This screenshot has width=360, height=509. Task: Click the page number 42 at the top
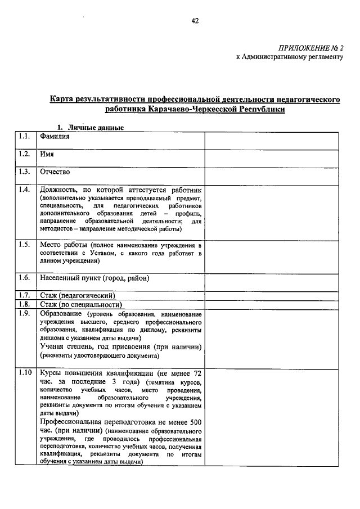pyautogui.click(x=195, y=21)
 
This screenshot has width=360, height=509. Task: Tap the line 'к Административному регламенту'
pyautogui.click(x=289, y=57)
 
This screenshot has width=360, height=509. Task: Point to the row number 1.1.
pyautogui.click(x=24, y=136)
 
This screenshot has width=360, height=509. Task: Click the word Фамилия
pyautogui.click(x=55, y=137)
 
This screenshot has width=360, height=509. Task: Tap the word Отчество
pyautogui.click(x=55, y=172)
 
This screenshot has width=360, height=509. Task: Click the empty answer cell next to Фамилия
pyautogui.click(x=271, y=141)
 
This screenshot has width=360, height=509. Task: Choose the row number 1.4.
pyautogui.click(x=24, y=190)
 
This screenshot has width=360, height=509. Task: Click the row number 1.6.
pyautogui.click(x=24, y=277)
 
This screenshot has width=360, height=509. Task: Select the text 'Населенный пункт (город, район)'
pyautogui.click(x=94, y=278)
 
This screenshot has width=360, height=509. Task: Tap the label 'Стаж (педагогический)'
pyautogui.click(x=77, y=295)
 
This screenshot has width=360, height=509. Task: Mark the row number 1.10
pyautogui.click(x=25, y=373)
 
